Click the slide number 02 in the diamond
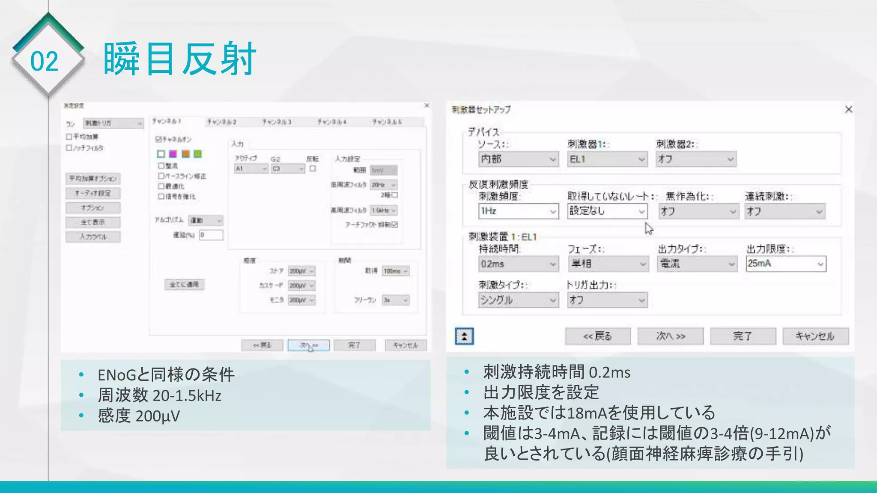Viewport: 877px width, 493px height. click(x=44, y=61)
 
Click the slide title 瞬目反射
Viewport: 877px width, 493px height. click(x=179, y=59)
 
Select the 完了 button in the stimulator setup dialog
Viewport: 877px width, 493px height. click(x=743, y=336)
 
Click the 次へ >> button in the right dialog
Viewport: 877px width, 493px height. click(x=670, y=336)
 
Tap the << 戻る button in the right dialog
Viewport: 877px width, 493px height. click(x=597, y=336)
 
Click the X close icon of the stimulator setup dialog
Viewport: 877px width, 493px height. click(x=848, y=110)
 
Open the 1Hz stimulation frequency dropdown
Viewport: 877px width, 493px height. click(x=518, y=211)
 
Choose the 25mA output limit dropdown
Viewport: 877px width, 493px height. click(x=785, y=264)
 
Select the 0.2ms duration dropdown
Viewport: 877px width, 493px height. click(x=518, y=264)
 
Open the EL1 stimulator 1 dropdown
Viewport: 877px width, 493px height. click(x=607, y=159)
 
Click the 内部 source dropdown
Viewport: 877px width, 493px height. click(x=518, y=159)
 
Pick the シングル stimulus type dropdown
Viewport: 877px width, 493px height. click(x=518, y=300)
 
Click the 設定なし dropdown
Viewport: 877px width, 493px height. click(x=607, y=211)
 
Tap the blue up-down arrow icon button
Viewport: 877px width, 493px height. click(x=464, y=336)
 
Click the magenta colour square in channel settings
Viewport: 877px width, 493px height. click(x=173, y=154)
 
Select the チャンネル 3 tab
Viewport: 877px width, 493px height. click(x=277, y=122)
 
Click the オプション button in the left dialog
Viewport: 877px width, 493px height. click(x=93, y=208)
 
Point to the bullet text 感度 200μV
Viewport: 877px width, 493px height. click(x=138, y=416)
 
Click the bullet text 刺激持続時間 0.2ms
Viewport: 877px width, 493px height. click(x=557, y=372)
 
